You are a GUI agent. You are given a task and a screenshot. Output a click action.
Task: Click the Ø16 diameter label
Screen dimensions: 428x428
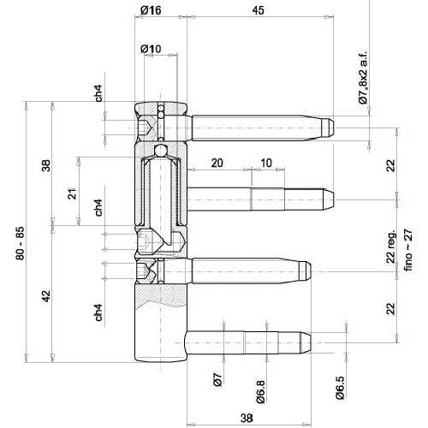(151, 10)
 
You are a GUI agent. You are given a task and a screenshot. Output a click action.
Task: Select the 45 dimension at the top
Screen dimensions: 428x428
(259, 10)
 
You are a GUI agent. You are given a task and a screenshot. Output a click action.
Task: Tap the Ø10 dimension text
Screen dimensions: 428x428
(151, 49)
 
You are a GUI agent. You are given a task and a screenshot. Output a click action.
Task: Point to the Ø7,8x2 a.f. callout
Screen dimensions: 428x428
(363, 78)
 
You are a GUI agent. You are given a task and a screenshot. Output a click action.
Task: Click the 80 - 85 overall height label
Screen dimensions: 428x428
(21, 243)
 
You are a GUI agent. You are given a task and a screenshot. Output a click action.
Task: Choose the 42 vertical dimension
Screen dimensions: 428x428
(46, 296)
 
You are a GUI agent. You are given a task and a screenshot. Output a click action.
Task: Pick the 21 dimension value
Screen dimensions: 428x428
(72, 193)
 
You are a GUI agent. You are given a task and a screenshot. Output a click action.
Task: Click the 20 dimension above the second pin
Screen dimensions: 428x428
(217, 163)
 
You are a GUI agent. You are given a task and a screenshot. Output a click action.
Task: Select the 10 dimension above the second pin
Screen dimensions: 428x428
(266, 163)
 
